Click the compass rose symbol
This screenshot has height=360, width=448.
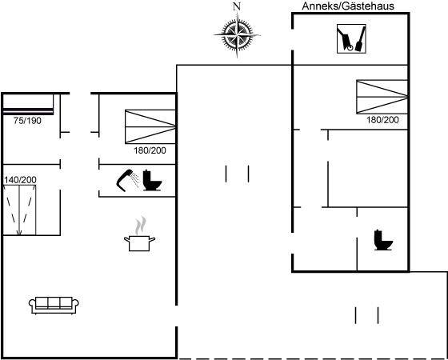pos(237,35)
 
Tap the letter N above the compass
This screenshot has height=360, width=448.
pos(237,6)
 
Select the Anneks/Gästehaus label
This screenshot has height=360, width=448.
pos(348,6)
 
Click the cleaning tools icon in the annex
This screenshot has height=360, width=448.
pos(351,38)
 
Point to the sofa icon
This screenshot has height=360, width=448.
pos(54,305)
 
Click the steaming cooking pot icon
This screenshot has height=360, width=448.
pos(140,234)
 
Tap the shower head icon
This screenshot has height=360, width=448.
pos(128,180)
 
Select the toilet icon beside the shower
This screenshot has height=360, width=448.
pos(152,180)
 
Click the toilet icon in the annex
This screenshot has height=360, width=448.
pos(383,240)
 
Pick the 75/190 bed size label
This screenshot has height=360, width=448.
pos(27,121)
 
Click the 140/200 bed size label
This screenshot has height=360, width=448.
pos(20,180)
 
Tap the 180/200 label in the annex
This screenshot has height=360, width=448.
pos(382,120)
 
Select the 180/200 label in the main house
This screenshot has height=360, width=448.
pos(150,150)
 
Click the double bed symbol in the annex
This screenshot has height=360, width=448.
pos(382,97)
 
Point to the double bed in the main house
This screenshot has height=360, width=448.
pos(150,126)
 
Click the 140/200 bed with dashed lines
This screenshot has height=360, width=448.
pos(20,210)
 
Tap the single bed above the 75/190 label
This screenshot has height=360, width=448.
pos(28,105)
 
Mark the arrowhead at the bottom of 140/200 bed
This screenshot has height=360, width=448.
pos(19,233)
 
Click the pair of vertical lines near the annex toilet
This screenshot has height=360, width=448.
pos(367,315)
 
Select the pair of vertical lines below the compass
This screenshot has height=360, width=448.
pos(237,174)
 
